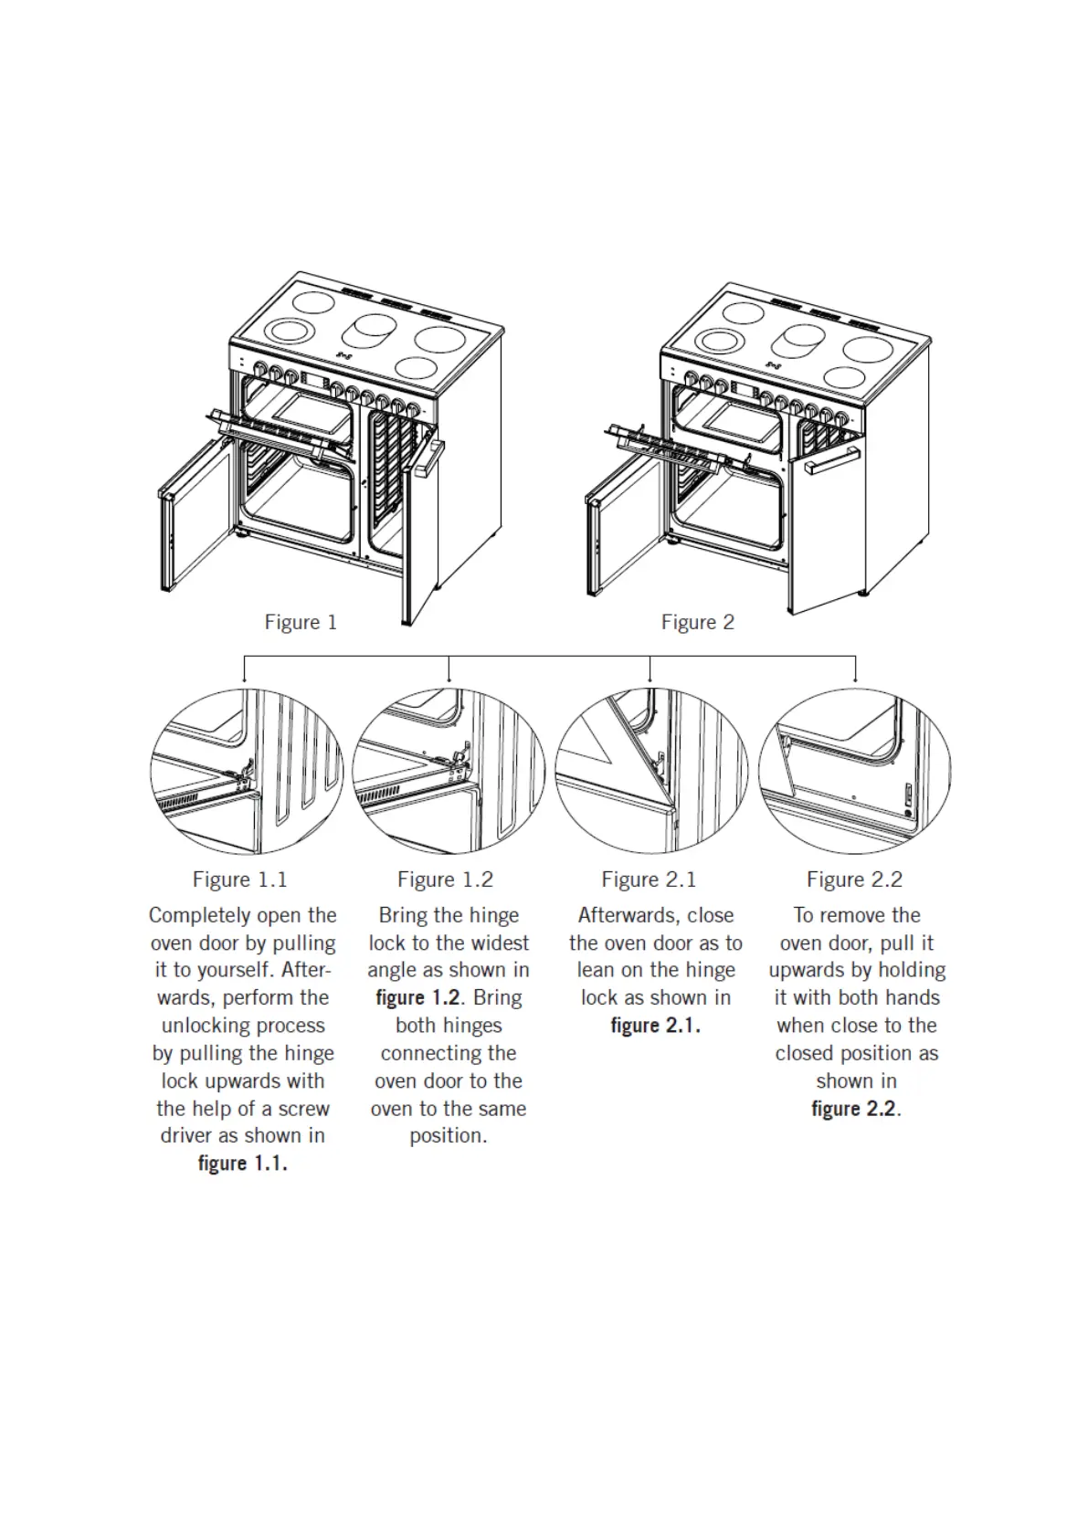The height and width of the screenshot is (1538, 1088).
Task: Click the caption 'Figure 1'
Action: (301, 623)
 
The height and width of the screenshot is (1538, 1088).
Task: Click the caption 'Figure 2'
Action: (697, 623)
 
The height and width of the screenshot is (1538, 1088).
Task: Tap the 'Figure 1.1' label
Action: (239, 880)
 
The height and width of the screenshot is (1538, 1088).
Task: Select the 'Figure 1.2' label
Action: (445, 880)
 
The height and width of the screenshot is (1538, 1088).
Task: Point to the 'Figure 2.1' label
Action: (649, 880)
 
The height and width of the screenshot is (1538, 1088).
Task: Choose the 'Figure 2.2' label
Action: (854, 880)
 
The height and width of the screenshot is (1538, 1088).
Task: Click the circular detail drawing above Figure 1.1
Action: (247, 773)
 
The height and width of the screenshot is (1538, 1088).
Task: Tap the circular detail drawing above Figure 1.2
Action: (449, 773)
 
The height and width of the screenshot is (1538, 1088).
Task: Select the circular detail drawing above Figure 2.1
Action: (651, 773)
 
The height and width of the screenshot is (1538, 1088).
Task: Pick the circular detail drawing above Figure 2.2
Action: (855, 773)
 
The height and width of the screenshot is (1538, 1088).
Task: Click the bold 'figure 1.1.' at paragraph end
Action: (243, 1164)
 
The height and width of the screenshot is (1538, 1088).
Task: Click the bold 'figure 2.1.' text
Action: (655, 1026)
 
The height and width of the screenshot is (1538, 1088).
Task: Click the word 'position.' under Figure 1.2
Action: (448, 1136)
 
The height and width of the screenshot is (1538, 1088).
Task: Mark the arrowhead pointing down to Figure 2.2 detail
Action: (855, 679)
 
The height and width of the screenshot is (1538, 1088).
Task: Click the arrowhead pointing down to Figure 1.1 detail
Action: (244, 679)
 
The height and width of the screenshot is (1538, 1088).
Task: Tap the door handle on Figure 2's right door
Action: (832, 460)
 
